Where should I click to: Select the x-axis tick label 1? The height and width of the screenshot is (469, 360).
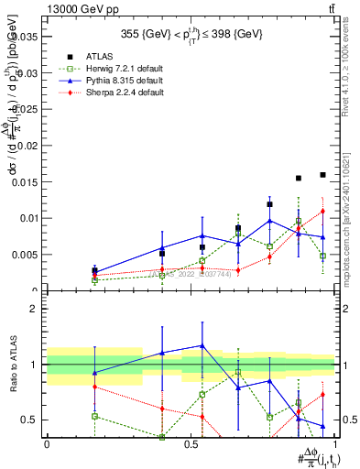(336, 444)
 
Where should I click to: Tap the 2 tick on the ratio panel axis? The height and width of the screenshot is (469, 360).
(34, 310)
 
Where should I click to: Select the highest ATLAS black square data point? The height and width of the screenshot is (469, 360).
(323, 174)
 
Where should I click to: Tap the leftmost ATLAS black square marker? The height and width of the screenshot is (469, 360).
(94, 270)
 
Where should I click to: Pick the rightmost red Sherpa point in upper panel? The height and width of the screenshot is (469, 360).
(322, 212)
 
